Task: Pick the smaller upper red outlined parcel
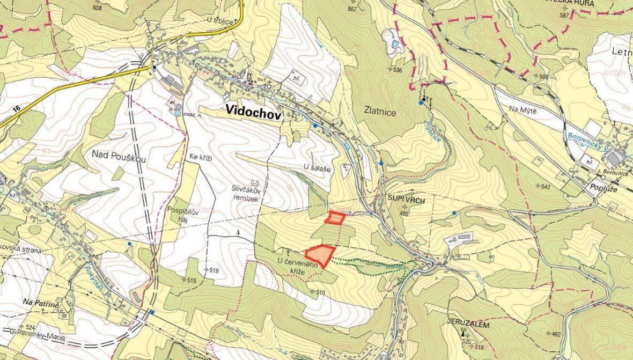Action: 336,218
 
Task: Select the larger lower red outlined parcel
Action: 320,254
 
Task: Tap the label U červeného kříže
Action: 298,266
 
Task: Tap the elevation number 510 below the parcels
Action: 320,292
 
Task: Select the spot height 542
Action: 546,187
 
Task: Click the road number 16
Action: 16,109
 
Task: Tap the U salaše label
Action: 317,168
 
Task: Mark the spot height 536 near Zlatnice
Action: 397,70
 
